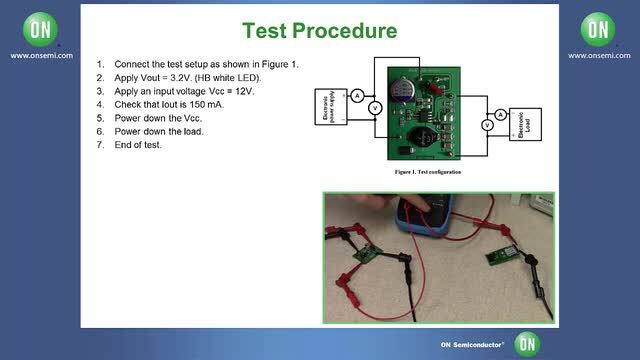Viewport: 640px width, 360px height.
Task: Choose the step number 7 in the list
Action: click(100, 144)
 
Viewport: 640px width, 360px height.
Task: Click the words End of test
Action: click(137, 144)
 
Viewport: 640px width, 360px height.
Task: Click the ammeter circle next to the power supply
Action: click(356, 94)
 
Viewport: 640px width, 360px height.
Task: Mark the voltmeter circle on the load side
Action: click(486, 125)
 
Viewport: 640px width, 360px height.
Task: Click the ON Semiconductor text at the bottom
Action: click(473, 344)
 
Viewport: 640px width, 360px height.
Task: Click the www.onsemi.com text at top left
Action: click(38, 55)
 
